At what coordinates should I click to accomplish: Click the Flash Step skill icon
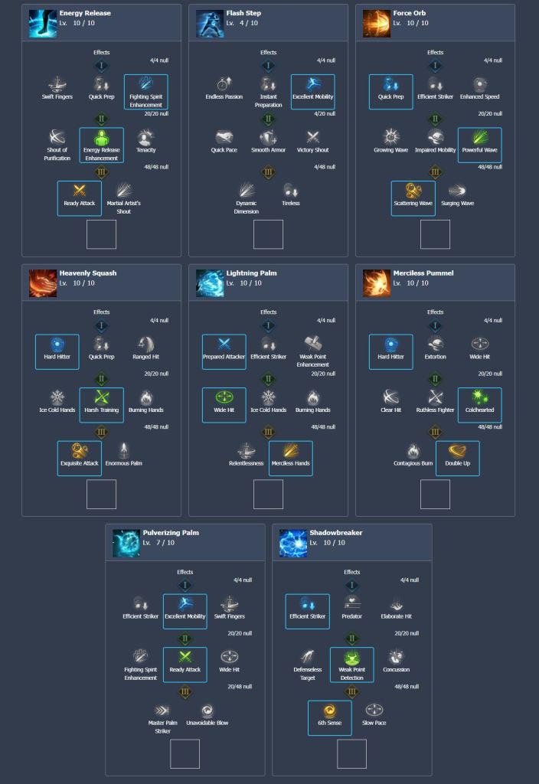[x=209, y=24]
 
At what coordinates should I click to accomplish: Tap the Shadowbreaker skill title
[x=336, y=533]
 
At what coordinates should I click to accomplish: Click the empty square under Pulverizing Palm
[x=185, y=753]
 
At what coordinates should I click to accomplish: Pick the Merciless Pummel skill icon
[x=376, y=283]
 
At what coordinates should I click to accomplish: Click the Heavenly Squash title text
[x=87, y=273]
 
